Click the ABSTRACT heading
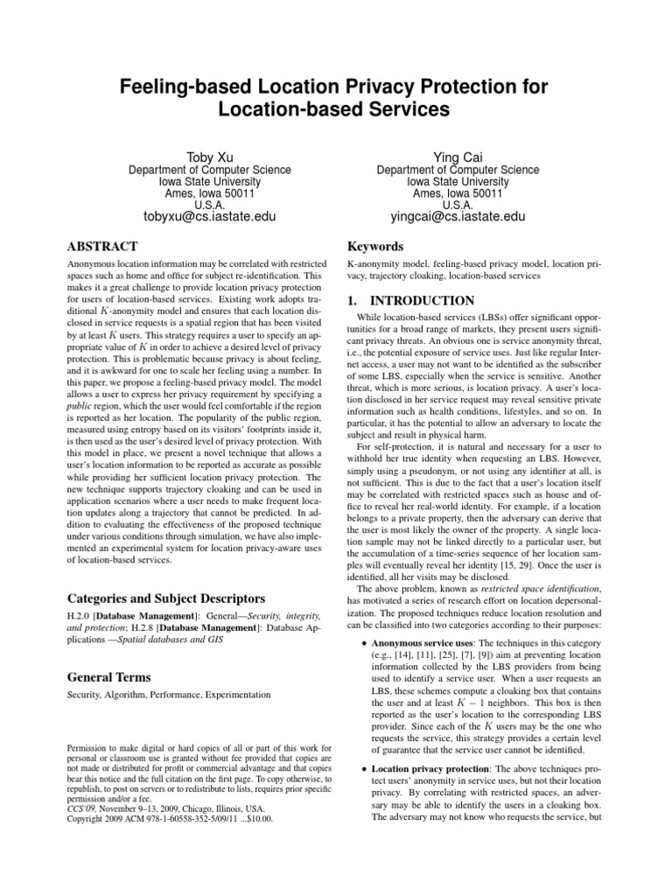pyautogui.click(x=101, y=247)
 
